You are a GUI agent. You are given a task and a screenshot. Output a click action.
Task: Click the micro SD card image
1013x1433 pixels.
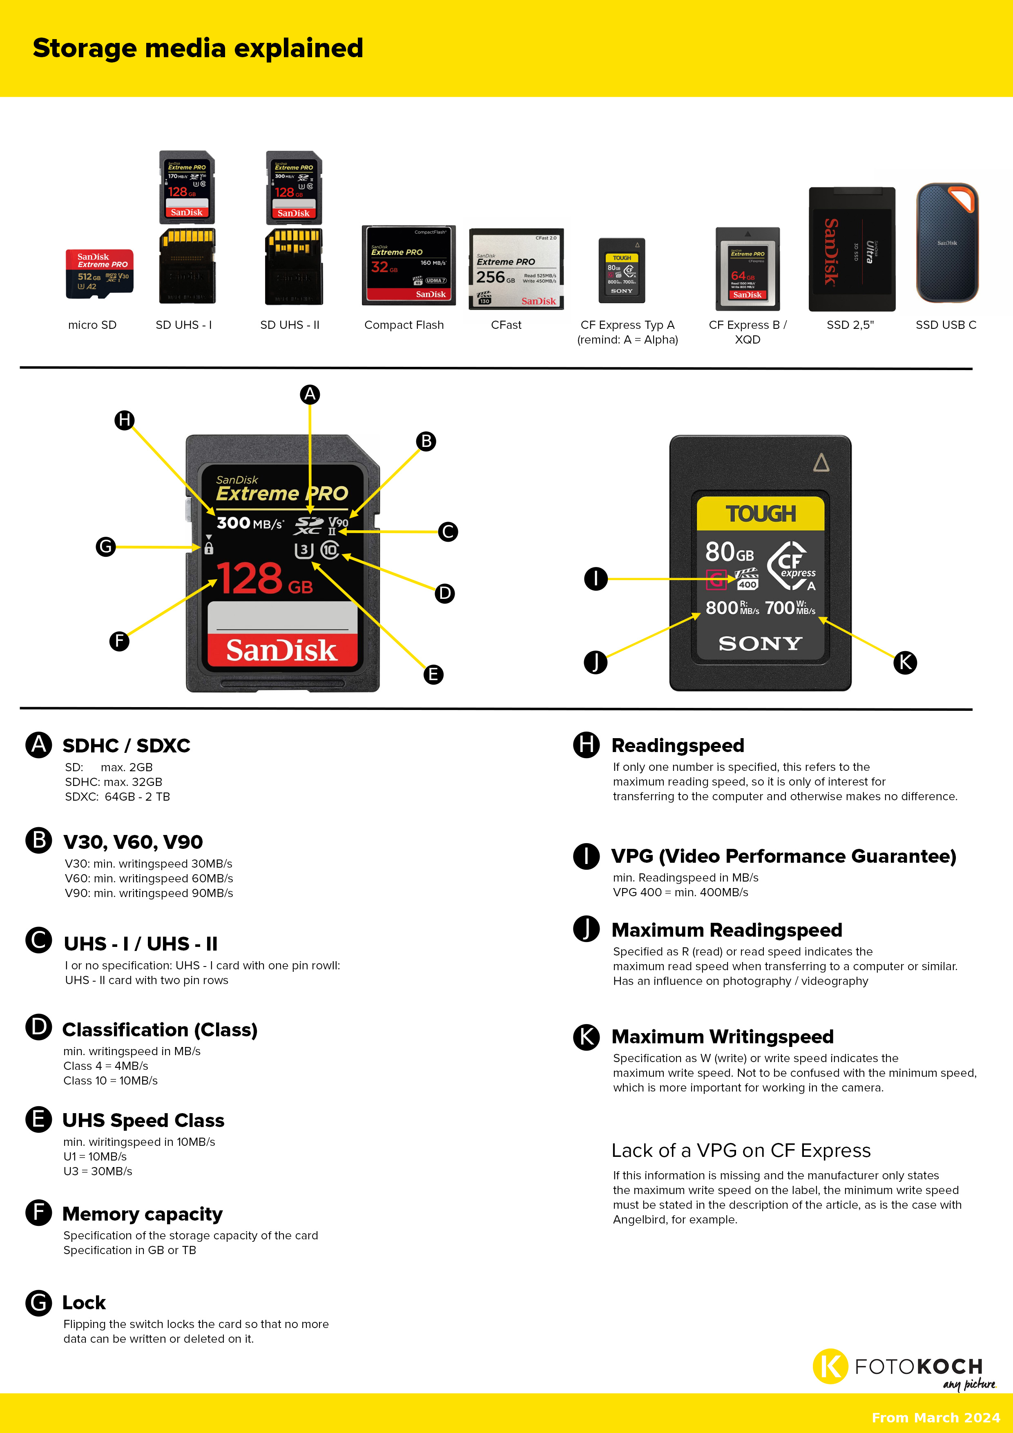pyautogui.click(x=99, y=273)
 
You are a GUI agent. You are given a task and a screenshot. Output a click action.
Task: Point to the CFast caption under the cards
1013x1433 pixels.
pyautogui.click(x=506, y=325)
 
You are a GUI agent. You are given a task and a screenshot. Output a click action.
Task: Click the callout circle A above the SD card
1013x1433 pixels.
pyautogui.click(x=310, y=395)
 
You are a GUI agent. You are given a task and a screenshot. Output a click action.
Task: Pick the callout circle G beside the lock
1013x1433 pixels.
pyautogui.click(x=105, y=547)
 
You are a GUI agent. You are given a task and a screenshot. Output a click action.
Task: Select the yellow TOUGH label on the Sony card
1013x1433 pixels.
pyautogui.click(x=760, y=513)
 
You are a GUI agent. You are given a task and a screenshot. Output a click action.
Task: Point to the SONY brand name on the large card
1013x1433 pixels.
pyautogui.click(x=760, y=643)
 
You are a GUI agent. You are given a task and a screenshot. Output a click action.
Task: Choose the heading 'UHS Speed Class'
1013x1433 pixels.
pyautogui.click(x=143, y=1121)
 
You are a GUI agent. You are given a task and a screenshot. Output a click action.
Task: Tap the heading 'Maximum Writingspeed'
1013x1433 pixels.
pyautogui.click(x=722, y=1037)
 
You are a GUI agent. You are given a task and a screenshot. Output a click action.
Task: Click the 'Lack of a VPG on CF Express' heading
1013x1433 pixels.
pyautogui.click(x=741, y=1150)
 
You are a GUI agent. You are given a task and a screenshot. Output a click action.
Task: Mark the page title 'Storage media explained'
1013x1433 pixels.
pyautogui.click(x=198, y=48)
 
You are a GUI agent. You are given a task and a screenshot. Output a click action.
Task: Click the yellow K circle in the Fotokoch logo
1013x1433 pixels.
pyautogui.click(x=830, y=1366)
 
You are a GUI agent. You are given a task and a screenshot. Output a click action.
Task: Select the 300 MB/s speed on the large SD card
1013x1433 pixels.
pyautogui.click(x=250, y=523)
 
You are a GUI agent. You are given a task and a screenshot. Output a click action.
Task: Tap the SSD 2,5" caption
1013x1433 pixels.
pyautogui.click(x=850, y=325)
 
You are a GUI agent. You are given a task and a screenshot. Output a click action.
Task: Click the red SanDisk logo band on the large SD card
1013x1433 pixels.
pyautogui.click(x=282, y=650)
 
